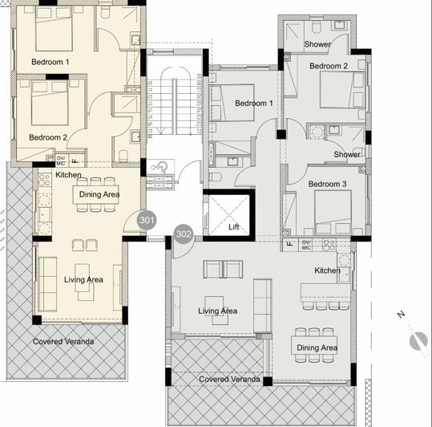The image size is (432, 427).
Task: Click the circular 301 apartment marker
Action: [147, 218]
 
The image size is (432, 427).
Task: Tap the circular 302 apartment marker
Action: [184, 234]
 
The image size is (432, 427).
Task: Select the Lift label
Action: [234, 227]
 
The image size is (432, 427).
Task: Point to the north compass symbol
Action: [417, 340]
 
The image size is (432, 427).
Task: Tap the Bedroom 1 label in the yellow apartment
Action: [50, 62]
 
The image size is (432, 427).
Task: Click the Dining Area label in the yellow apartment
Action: [98, 193]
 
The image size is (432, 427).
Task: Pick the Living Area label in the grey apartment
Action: [217, 311]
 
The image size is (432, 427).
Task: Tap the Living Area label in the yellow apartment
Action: [83, 279]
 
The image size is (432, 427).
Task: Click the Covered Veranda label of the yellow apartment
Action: [63, 341]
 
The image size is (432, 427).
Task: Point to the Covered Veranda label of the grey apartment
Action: [229, 378]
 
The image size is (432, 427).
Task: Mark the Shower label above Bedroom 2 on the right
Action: [318, 44]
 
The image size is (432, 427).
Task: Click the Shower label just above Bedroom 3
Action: [346, 154]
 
